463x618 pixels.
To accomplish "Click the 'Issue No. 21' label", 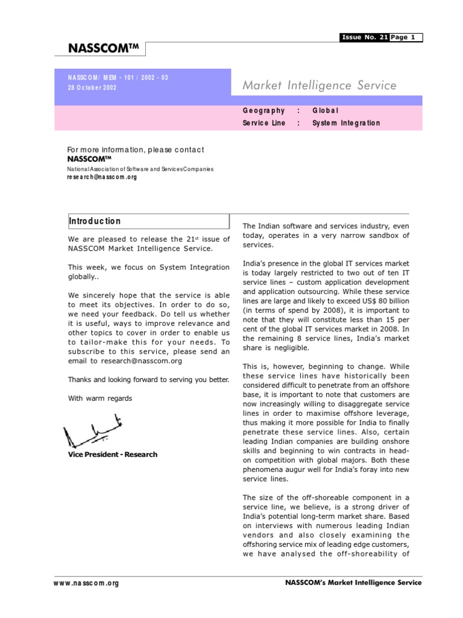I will [x=365, y=37].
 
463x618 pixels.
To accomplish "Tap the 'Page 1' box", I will [x=406, y=37].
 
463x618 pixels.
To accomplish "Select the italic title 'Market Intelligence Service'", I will [x=319, y=86].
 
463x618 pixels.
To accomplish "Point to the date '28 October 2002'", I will [x=92, y=88].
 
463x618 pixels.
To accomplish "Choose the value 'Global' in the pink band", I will [x=326, y=110].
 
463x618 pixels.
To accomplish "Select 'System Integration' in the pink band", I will [x=346, y=123].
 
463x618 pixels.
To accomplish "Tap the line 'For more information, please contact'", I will [x=136, y=150].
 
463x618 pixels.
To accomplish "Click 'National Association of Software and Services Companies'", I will [x=140, y=170].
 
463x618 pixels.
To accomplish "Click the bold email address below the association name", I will [x=102, y=177].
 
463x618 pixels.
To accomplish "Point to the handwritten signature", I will [x=94, y=430].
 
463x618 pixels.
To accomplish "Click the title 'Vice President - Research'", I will [x=113, y=454].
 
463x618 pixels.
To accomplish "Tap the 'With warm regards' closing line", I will [x=99, y=398].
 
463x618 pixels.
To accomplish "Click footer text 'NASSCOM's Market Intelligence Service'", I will [x=353, y=582].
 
